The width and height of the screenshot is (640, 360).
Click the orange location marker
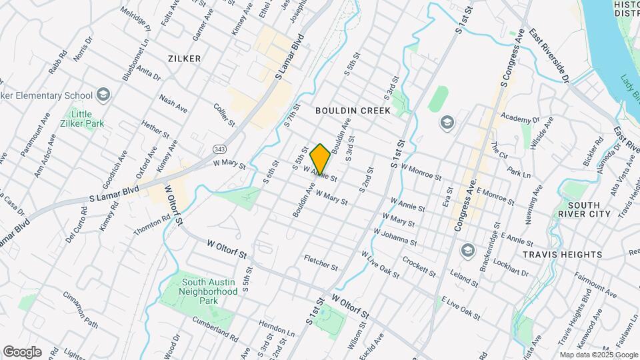pyautogui.click(x=320, y=159)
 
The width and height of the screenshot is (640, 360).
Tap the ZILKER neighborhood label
pyautogui.click(x=185, y=59)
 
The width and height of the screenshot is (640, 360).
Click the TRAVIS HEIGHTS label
pyautogui.click(x=571, y=255)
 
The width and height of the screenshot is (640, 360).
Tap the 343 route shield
pyautogui.click(x=219, y=148)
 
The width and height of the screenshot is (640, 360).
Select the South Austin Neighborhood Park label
pyautogui.click(x=209, y=287)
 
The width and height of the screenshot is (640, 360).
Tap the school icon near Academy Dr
pyautogui.click(x=446, y=122)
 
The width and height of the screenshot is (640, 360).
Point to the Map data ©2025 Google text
pyautogui.click(x=597, y=355)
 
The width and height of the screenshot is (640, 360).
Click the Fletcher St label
pyautogui.click(x=321, y=262)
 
